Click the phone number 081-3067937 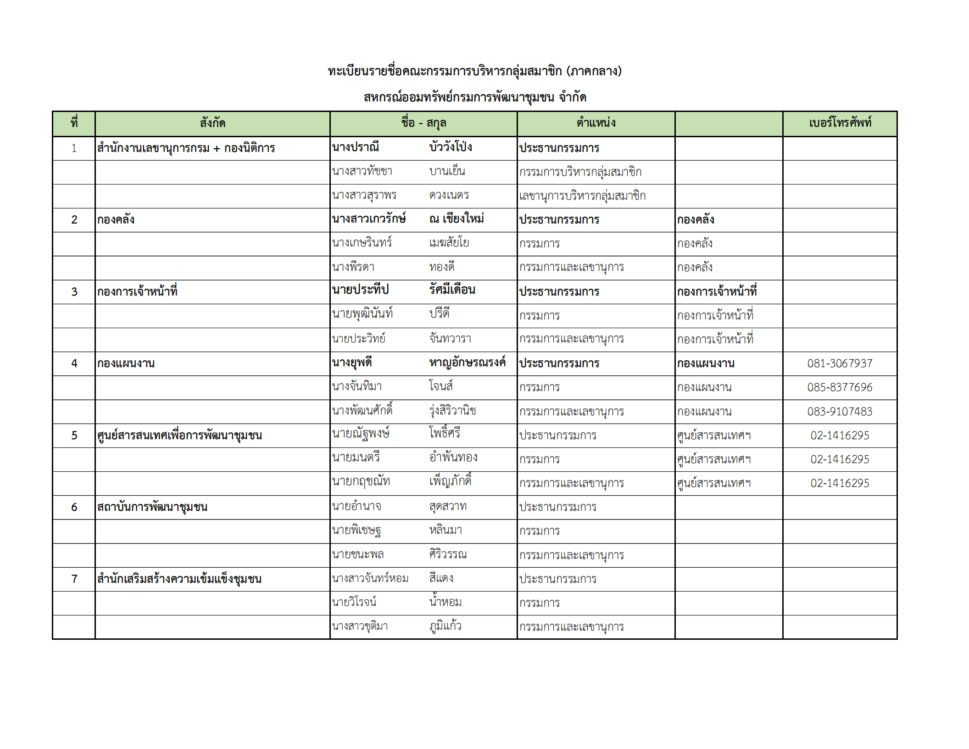tap(840, 363)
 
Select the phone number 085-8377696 tap(840, 387)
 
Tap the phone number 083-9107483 tap(840, 412)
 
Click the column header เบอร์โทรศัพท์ tap(840, 123)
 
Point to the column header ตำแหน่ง tap(596, 123)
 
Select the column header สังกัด tap(212, 123)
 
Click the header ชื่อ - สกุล tap(423, 123)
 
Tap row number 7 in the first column tap(74, 579)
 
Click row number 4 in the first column tap(74, 363)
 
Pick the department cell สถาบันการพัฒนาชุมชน tap(152, 507)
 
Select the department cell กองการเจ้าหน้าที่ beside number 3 tap(137, 291)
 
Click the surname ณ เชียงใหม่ tap(457, 219)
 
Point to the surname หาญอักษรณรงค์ tap(467, 363)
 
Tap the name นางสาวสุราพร tap(364, 196)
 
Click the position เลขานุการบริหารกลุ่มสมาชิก tap(582, 196)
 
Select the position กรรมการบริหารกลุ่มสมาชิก tap(580, 172)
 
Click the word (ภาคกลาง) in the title tap(594, 71)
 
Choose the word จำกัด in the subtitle tap(572, 97)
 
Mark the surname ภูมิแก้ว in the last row tap(446, 626)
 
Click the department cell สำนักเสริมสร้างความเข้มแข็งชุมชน tap(179, 579)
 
